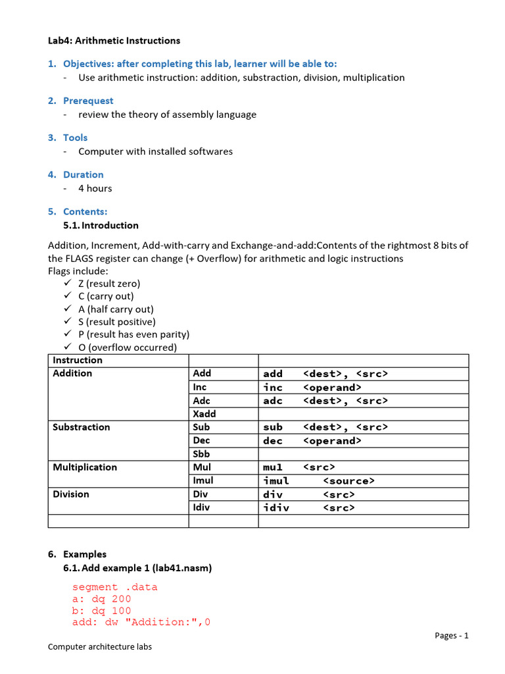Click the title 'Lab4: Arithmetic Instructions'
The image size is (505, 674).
(x=114, y=41)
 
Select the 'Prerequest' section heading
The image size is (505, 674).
(x=87, y=101)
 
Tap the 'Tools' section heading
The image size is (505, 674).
(x=75, y=138)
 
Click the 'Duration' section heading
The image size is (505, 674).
(x=83, y=174)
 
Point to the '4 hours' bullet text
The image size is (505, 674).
(x=95, y=188)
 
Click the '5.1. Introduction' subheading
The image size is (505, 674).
(x=101, y=226)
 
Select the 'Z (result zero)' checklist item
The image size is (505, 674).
(x=108, y=284)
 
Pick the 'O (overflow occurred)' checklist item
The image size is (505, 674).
(x=127, y=348)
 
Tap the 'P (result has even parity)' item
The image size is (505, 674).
(x=133, y=334)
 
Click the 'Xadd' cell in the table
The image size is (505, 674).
(x=204, y=414)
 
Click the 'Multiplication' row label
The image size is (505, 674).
(x=85, y=467)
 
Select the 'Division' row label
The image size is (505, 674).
(x=70, y=494)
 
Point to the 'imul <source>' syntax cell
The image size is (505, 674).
(x=318, y=481)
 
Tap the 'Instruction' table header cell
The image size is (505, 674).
(x=78, y=360)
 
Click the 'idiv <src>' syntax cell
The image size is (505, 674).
(x=308, y=507)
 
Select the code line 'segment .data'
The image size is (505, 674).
(x=114, y=587)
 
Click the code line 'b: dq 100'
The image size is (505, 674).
(x=101, y=611)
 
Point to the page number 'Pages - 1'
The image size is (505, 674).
(x=451, y=635)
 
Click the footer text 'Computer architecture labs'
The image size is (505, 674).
(x=100, y=647)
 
